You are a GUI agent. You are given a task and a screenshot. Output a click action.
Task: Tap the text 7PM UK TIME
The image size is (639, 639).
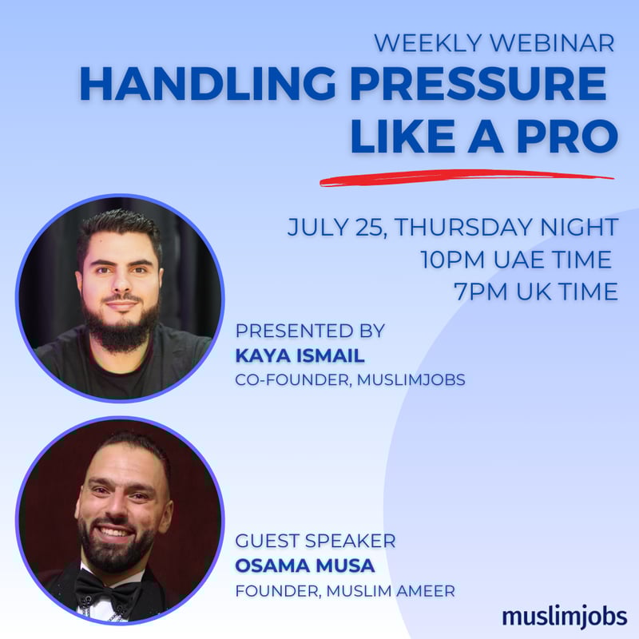535,292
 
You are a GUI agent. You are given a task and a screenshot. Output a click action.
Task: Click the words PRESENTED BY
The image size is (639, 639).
310,331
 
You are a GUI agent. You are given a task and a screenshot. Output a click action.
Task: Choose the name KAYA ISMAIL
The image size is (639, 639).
300,355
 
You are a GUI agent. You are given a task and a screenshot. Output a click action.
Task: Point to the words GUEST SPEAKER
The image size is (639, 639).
315,542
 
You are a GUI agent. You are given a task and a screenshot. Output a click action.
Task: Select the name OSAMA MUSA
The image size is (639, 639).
304,566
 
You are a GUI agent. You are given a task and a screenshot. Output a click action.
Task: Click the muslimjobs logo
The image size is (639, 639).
564,616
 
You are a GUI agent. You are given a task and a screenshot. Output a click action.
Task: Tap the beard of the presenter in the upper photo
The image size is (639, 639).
121,328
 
